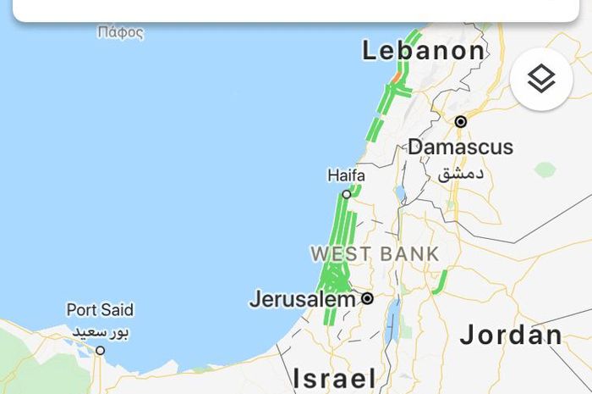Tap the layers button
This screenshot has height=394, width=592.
click(541, 80)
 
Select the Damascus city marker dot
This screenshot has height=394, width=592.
click(461, 122)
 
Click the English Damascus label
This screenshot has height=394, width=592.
click(460, 147)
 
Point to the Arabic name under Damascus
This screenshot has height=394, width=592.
click(462, 174)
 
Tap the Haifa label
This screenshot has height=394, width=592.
click(346, 176)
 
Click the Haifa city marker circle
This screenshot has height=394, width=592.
click(346, 194)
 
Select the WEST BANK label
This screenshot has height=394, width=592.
click(375, 253)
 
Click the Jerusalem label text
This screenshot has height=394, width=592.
click(302, 299)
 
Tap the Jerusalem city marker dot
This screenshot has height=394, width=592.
click(368, 298)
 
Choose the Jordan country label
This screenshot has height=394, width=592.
click(511, 335)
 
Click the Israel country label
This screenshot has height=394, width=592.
click(334, 377)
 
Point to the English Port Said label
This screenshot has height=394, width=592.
click(100, 310)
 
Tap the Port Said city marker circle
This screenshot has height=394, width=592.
click(100, 350)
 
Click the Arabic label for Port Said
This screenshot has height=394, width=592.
click(100, 330)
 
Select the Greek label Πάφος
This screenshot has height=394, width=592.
click(120, 34)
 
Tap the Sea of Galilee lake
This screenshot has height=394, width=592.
click(398, 193)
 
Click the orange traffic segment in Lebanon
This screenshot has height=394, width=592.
click(394, 75)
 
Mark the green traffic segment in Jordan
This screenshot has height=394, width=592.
click(440, 283)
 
